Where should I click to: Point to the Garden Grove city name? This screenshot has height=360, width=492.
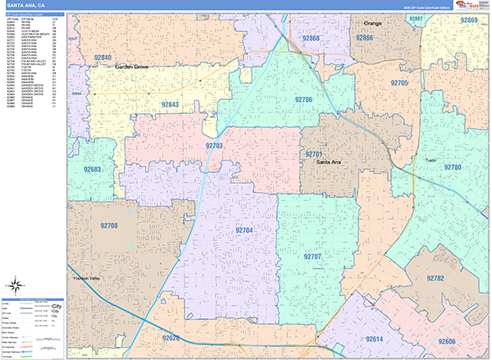pyautogui.click(x=134, y=66)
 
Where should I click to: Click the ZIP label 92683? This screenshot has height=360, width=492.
pyautogui.click(x=93, y=170)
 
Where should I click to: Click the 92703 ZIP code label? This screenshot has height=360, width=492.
pyautogui.click(x=214, y=145)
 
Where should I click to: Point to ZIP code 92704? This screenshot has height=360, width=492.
pyautogui.click(x=243, y=231)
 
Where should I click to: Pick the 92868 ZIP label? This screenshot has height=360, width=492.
pyautogui.click(x=311, y=39)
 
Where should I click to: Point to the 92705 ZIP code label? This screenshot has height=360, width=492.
pyautogui.click(x=399, y=84)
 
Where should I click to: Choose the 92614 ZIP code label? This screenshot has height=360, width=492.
pyautogui.click(x=374, y=338)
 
